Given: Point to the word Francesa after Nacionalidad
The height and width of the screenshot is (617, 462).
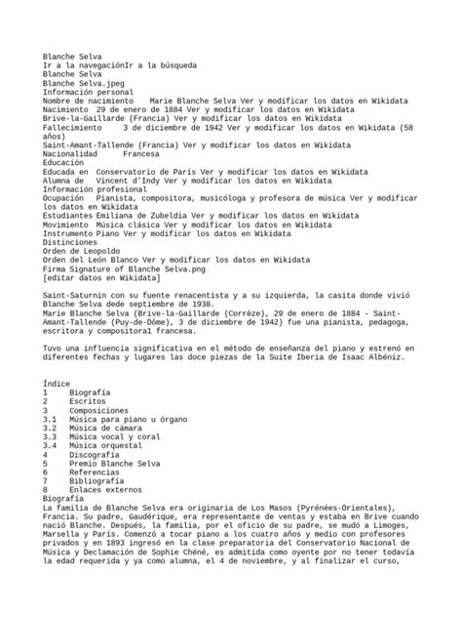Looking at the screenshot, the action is pos(141,153).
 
